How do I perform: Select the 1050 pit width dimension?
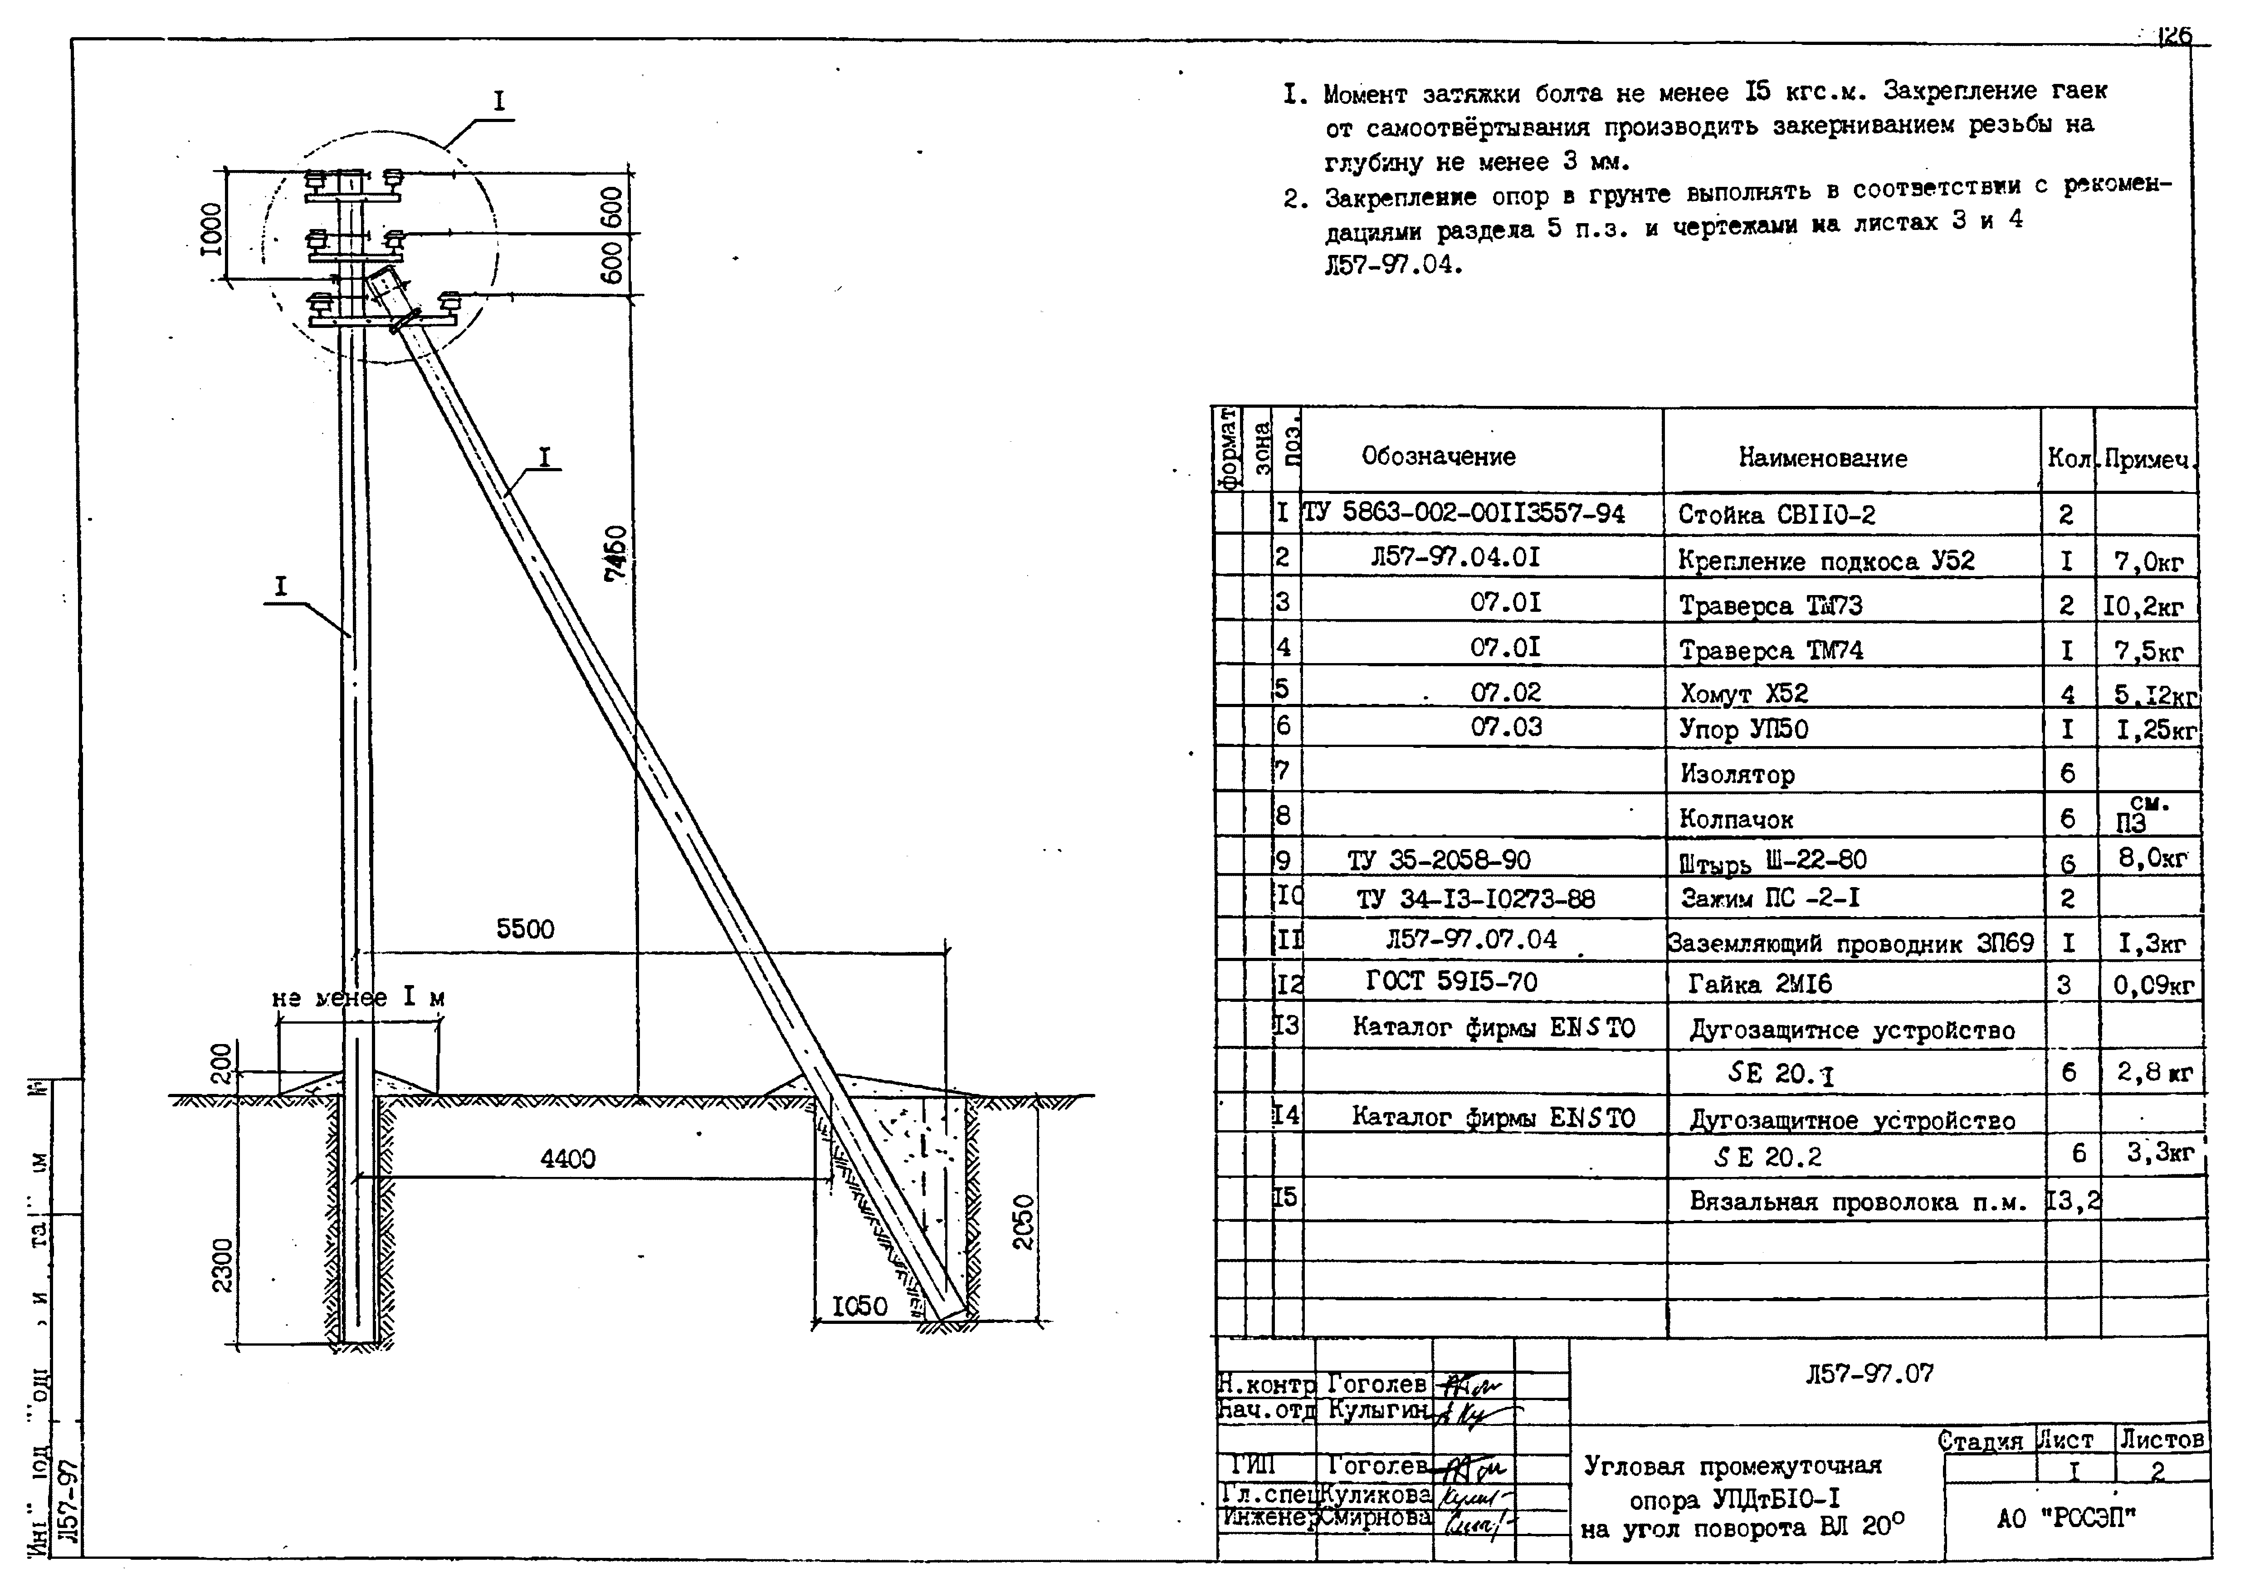coord(859,1306)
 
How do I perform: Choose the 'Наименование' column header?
coord(1823,458)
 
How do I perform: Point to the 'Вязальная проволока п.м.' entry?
coord(1857,1202)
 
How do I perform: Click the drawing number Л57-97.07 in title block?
coord(1870,1373)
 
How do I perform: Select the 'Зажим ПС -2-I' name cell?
coord(1769,898)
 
